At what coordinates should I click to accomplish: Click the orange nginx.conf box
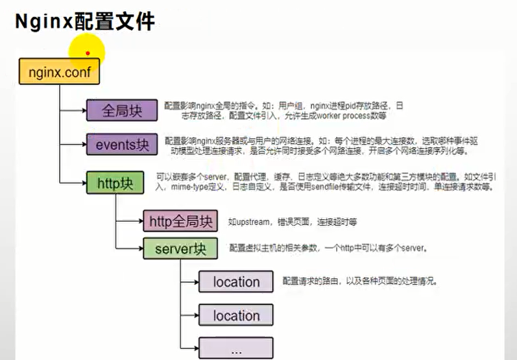(59, 71)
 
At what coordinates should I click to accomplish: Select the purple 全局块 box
(122, 110)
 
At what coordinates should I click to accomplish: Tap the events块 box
(122, 145)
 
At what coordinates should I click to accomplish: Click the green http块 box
(115, 183)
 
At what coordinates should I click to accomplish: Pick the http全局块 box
(181, 222)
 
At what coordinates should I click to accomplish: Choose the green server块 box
(180, 248)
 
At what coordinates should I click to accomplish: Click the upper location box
(236, 282)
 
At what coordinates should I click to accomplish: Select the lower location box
(236, 316)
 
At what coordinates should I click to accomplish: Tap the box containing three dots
(236, 348)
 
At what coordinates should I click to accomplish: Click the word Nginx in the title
(44, 22)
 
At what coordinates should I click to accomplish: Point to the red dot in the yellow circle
(88, 53)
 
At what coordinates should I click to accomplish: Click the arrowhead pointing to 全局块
(84, 110)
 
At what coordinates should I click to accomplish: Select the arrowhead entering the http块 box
(84, 184)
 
